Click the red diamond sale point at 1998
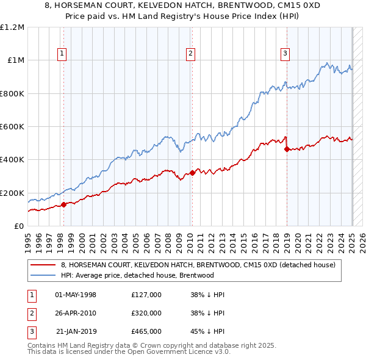tap(63, 205)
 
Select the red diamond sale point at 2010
tap(192, 173)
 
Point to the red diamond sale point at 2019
tap(287, 149)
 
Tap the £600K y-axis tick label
tap(12, 127)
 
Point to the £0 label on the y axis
tap(18, 226)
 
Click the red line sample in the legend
tap(43, 265)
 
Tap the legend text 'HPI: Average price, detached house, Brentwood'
tap(137, 275)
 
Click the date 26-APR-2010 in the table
tap(76, 313)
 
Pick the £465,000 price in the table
tap(146, 331)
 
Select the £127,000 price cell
tap(146, 295)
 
